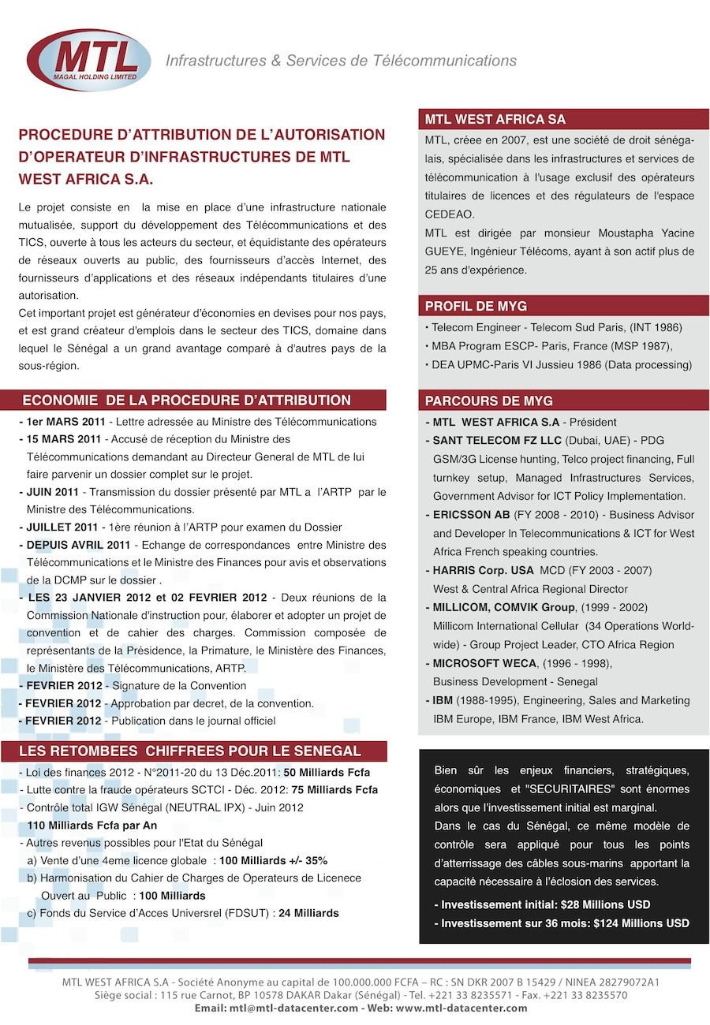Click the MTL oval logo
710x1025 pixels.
point(88,59)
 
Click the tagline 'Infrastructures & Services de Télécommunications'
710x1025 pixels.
point(341,61)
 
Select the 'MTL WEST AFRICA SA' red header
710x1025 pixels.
point(495,120)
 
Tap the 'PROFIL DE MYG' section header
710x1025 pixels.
point(476,306)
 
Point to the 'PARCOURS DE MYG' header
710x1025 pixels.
point(489,401)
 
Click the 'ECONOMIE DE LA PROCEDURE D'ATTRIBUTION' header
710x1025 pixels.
point(187,401)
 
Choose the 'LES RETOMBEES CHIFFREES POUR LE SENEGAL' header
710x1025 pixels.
point(189,751)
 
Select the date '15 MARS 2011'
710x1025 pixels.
point(64,439)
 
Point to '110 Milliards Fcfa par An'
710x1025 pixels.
point(92,826)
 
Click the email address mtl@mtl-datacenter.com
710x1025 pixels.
point(293,1008)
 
